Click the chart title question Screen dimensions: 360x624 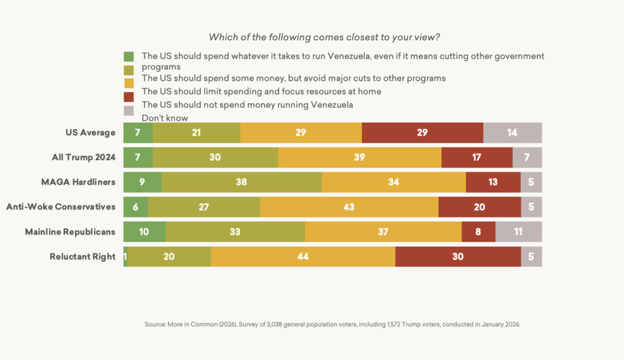[324, 37]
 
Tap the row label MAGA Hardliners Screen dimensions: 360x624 [82, 182]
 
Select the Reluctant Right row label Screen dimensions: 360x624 [82, 256]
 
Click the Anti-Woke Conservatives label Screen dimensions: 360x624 [61, 206]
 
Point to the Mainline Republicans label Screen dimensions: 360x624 [70, 231]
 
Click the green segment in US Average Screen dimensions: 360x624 [138, 132]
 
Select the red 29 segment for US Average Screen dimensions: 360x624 [422, 132]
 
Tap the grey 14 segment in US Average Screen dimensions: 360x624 [512, 132]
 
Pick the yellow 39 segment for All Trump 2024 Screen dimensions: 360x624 [360, 157]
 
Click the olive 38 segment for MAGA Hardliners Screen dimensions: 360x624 [241, 182]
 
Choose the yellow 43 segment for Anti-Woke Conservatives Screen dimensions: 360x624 [349, 206]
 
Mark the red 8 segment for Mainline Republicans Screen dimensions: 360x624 [478, 231]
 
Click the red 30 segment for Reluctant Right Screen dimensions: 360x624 [458, 256]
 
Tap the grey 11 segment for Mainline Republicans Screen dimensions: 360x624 [519, 231]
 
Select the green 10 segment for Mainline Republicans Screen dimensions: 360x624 [144, 231]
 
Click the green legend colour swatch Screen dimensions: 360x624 [129, 57]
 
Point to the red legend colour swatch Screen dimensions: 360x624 [129, 97]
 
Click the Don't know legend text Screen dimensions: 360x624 [165, 118]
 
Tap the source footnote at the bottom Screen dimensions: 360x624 [332, 325]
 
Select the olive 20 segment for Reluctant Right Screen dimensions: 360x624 [169, 256]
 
